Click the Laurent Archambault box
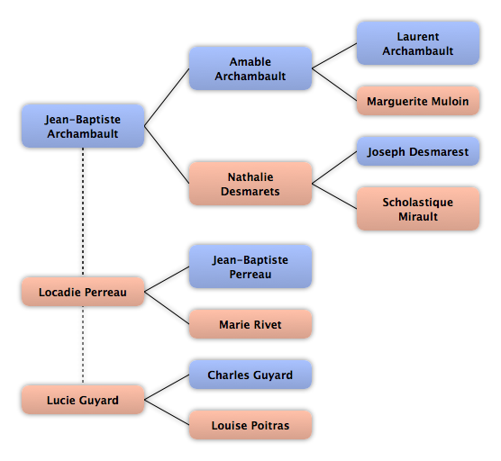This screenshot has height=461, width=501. (x=418, y=43)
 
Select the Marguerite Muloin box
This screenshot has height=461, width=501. (x=418, y=101)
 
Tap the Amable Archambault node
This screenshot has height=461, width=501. (x=250, y=68)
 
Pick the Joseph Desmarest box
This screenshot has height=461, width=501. (x=418, y=151)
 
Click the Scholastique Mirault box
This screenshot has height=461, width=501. (x=418, y=209)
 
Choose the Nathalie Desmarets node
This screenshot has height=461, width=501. (x=250, y=184)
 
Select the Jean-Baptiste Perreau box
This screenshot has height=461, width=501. (x=250, y=267)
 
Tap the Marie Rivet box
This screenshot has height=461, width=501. (x=250, y=324)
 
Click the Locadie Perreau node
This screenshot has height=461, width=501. (x=83, y=292)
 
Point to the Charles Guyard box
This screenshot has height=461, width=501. (x=250, y=375)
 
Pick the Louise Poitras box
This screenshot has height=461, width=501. (x=250, y=425)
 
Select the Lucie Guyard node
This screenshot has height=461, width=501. (x=83, y=400)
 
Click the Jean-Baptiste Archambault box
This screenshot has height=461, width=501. (x=83, y=126)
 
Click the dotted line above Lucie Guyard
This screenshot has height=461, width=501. (x=83, y=345)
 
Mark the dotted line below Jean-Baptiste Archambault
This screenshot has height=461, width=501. (x=83, y=212)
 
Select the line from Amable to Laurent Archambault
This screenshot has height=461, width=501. (x=334, y=56)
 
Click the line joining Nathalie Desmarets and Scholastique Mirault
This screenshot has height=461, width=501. (x=334, y=196)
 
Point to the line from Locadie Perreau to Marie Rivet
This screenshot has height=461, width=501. (x=167, y=308)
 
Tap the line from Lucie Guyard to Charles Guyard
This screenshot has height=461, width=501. (x=167, y=387)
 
